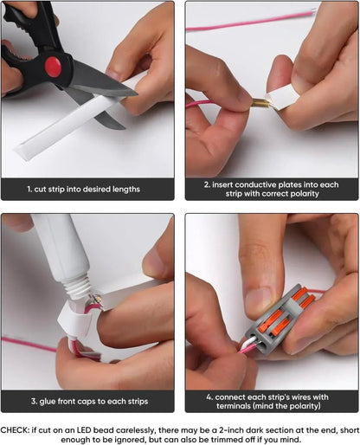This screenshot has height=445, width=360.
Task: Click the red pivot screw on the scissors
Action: pos(53,67)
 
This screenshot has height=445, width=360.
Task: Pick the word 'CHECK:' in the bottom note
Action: pos(15,430)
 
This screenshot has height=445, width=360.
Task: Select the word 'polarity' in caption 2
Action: pos(305,194)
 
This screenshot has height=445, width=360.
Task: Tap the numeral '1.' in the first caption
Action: pos(29,189)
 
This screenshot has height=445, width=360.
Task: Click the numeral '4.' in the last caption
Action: pos(209,397)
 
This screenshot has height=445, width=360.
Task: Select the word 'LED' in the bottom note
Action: pos(84,430)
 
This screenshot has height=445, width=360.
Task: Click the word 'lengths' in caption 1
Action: pos(126,190)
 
